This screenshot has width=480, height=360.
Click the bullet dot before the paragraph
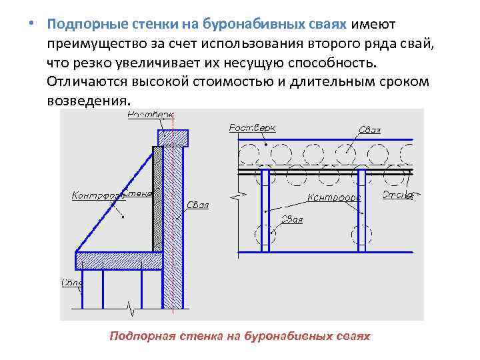31,24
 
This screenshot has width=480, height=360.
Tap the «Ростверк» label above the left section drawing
149,115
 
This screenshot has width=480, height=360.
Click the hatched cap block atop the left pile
173,137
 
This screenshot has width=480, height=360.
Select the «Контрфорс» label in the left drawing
95,195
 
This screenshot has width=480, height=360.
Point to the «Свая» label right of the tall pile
198,205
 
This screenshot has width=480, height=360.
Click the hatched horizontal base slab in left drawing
120,261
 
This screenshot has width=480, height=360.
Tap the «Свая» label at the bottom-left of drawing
71,283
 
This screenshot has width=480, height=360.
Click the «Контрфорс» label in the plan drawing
334,197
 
